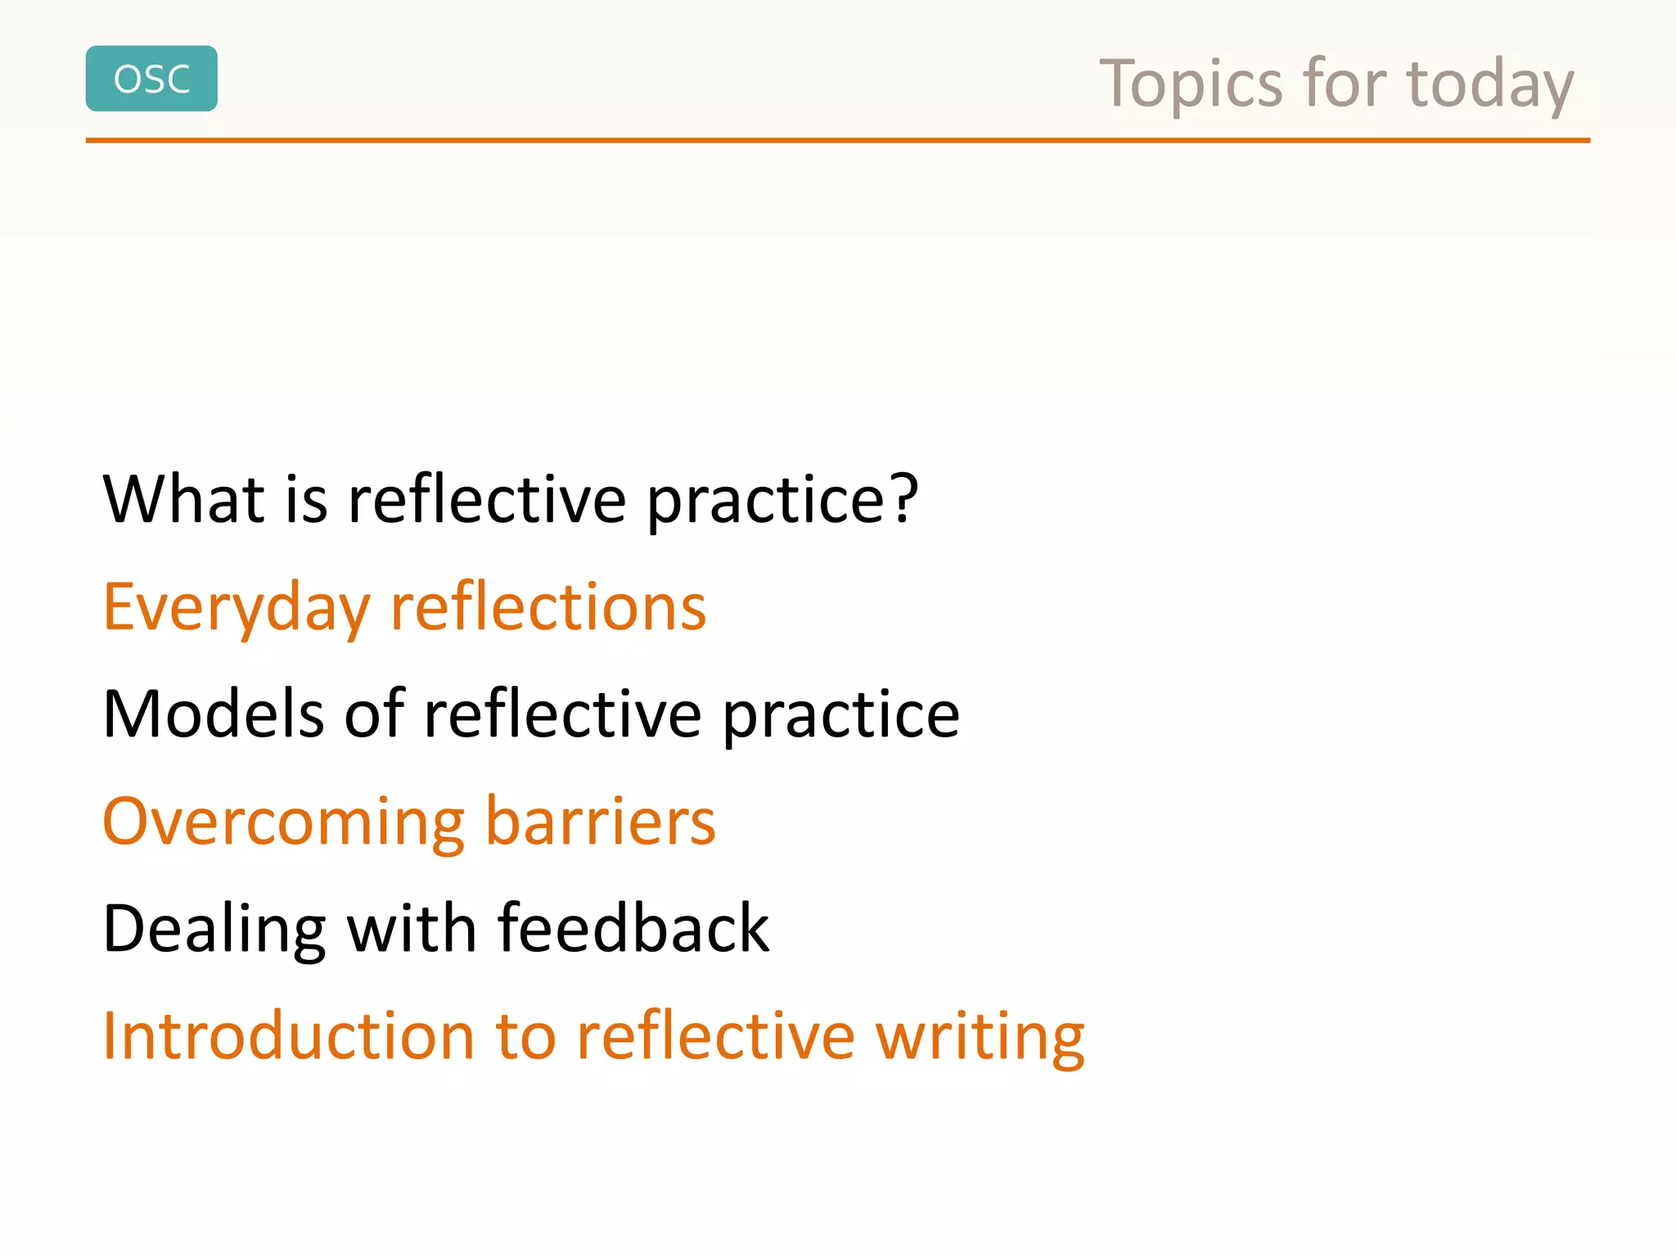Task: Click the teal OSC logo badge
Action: [x=151, y=79]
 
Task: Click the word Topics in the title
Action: [x=1191, y=84]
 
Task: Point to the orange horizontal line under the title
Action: [x=837, y=141]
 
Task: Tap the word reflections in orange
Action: [x=548, y=607]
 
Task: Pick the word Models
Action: [x=213, y=714]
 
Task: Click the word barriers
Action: [x=601, y=821]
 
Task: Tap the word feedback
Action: [x=633, y=929]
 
